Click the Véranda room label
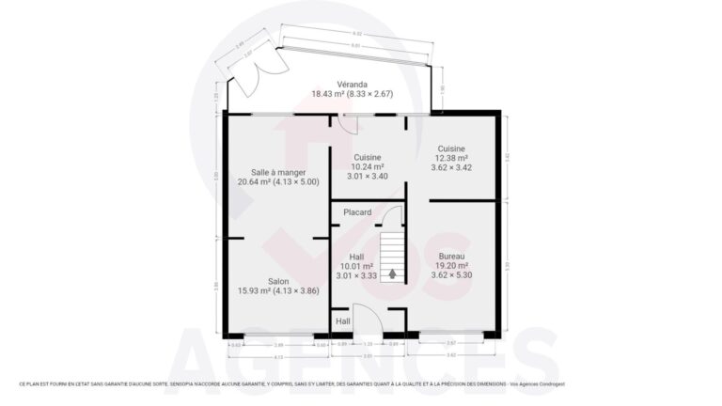(353, 83)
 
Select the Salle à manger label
(277, 171)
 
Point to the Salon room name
(277, 281)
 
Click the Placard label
(357, 212)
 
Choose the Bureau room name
(450, 256)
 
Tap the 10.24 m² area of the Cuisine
(366, 166)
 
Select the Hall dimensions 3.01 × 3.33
(356, 275)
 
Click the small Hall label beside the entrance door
(343, 320)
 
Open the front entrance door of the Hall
(367, 320)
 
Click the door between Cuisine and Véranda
(348, 123)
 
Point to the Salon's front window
(277, 335)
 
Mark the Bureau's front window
(450, 335)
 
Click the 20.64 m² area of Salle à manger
(258, 181)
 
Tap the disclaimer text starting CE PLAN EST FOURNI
(291, 383)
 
